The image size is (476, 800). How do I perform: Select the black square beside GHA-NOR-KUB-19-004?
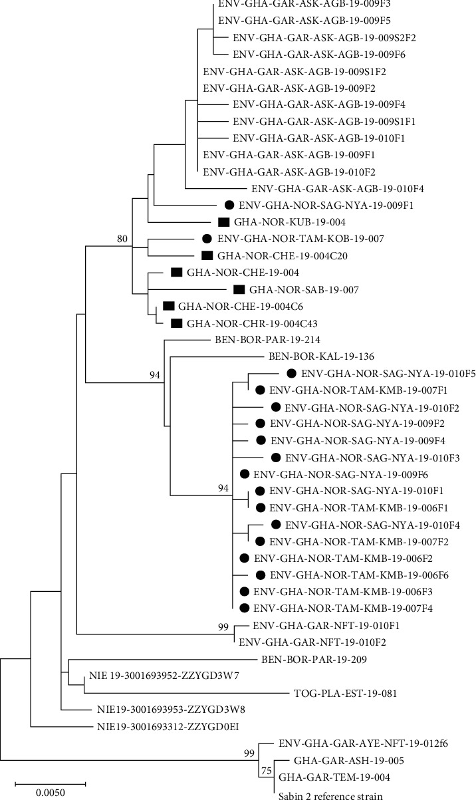tap(224, 221)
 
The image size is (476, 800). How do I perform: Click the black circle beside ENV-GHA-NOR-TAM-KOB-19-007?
tap(207, 238)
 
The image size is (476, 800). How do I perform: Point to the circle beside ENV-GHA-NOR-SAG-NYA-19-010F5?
tap(291, 374)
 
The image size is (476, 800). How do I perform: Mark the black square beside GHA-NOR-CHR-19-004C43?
tap(177, 323)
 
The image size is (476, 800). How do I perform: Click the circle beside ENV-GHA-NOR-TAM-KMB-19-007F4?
tap(244, 608)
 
